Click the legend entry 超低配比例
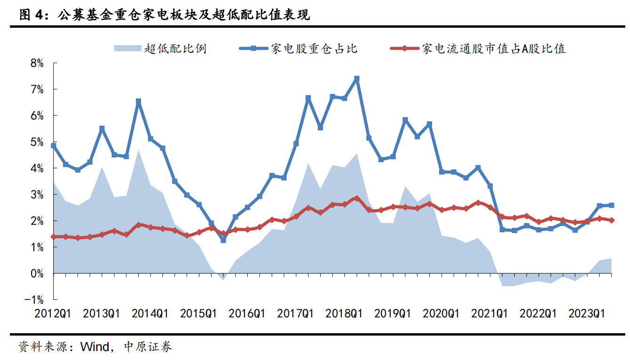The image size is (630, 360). [x=176, y=48]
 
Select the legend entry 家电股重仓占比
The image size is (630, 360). [x=314, y=48]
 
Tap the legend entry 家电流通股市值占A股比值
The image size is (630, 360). [x=494, y=48]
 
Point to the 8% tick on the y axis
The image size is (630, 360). [x=37, y=63]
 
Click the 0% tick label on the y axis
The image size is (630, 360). [x=37, y=274]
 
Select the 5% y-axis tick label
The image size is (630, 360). [x=37, y=142]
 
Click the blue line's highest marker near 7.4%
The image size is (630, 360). [x=357, y=79]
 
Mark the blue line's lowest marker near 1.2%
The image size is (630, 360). [x=223, y=240]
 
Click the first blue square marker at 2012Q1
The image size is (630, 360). [x=54, y=146]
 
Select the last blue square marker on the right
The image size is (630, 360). [x=611, y=205]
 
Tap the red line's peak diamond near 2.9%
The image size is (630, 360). [x=357, y=198]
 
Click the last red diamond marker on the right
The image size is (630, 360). [x=611, y=220]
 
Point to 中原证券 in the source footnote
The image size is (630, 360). [x=148, y=347]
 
